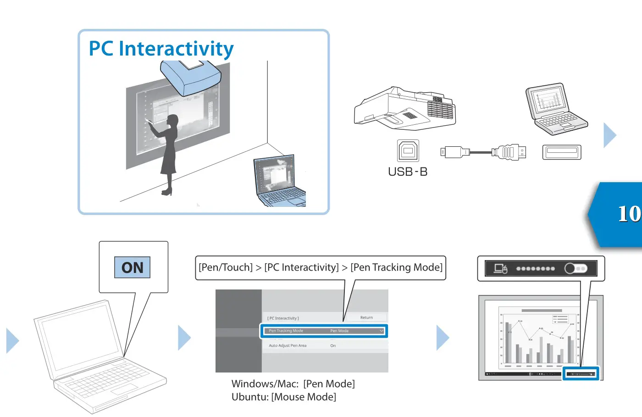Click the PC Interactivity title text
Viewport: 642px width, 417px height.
[161, 49]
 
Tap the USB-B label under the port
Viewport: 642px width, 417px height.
[407, 172]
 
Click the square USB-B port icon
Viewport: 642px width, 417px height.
[408, 151]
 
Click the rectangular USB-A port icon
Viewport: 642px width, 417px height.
[561, 152]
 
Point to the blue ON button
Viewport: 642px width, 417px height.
[133, 267]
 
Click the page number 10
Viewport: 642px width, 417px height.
[628, 214]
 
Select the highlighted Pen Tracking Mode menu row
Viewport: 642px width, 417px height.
[324, 331]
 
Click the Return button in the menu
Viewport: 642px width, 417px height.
[366, 317]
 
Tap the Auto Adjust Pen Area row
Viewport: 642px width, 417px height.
[324, 345]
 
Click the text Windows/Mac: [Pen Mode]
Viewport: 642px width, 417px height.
[293, 384]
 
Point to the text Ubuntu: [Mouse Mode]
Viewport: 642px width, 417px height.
[283, 397]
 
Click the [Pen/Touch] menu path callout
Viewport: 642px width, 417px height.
[320, 267]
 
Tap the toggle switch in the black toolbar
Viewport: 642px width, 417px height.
[576, 268]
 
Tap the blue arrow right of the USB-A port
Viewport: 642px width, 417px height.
[609, 135]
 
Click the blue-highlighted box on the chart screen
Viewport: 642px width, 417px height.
[581, 374]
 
